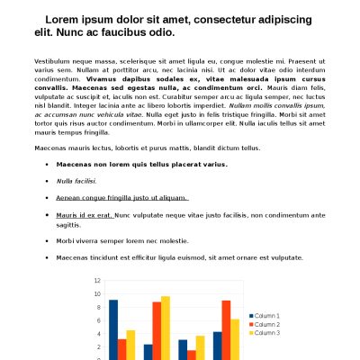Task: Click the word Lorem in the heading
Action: click(61, 19)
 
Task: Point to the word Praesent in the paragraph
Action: click(280, 59)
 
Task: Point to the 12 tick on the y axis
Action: click(98, 281)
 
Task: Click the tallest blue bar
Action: click(113, 329)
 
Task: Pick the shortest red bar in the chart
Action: click(191, 355)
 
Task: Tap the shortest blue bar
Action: click(148, 352)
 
